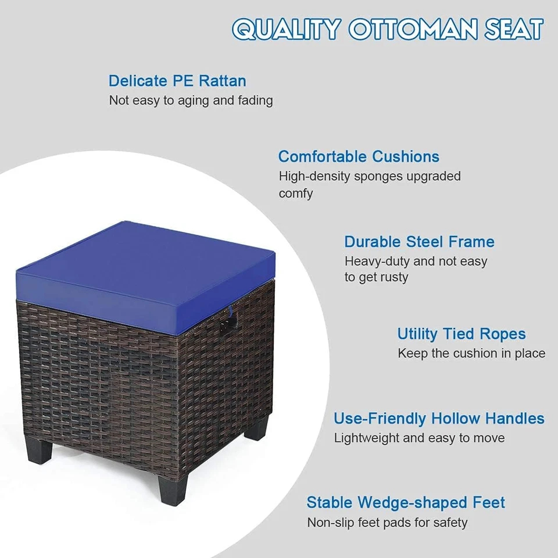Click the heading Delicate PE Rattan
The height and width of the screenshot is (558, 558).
(177, 81)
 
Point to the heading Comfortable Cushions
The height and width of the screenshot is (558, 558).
(359, 156)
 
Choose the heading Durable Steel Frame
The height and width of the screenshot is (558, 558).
(419, 242)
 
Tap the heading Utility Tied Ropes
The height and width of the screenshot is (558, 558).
(462, 334)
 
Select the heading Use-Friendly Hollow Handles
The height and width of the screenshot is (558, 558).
(439, 419)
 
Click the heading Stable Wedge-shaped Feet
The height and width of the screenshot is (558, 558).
(406, 502)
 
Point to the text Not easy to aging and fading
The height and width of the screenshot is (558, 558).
(191, 101)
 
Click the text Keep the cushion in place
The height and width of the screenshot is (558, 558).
(471, 353)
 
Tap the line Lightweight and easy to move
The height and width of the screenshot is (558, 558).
(419, 438)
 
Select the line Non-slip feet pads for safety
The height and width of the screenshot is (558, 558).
(387, 523)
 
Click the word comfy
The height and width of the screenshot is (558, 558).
(295, 194)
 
